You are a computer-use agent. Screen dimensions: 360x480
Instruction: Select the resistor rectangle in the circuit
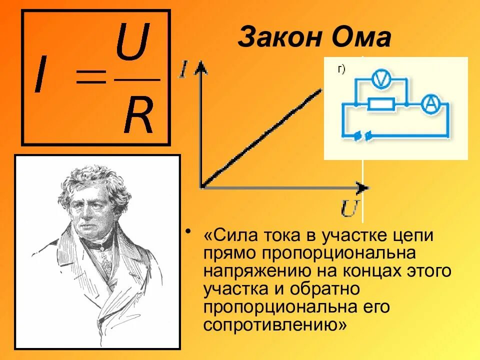381,104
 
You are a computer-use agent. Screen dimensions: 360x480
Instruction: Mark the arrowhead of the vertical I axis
200,67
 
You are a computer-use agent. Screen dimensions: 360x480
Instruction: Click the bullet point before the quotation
188,232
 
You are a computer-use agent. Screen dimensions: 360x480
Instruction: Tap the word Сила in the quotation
230,235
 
